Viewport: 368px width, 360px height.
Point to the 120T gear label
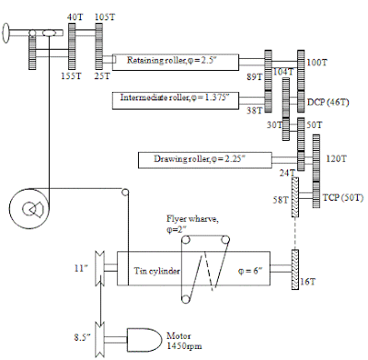tap(337, 158)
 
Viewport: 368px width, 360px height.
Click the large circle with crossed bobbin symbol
tap(30, 211)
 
